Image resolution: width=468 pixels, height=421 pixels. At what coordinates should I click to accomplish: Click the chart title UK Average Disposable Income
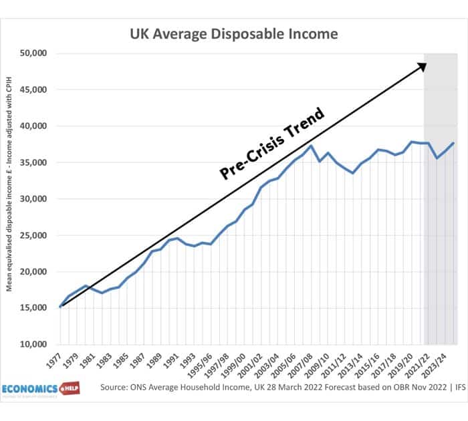(233, 33)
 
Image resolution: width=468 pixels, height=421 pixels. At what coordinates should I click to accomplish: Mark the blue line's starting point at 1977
(60, 306)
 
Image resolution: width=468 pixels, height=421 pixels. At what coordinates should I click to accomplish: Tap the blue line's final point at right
(454, 143)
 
